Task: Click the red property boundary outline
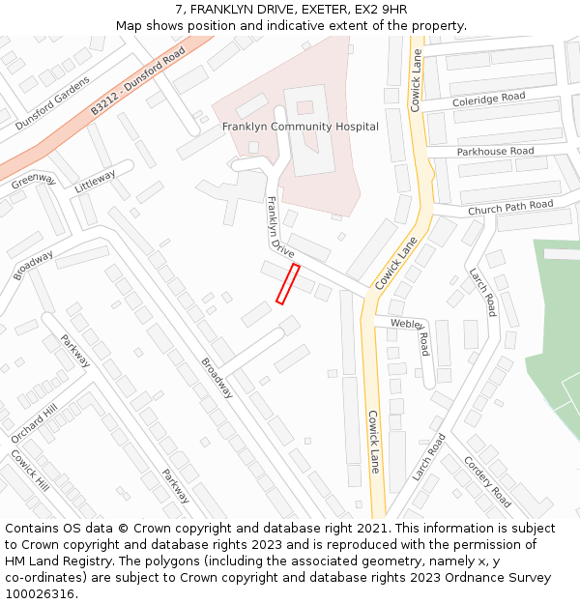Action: [x=288, y=284]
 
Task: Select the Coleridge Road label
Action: [x=488, y=99]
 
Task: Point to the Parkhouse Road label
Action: [x=495, y=152]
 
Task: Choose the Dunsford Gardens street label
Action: [x=55, y=101]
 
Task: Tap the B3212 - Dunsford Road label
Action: [x=137, y=85]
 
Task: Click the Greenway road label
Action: [x=35, y=181]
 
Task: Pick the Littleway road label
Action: [x=95, y=181]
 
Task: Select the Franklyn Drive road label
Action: [x=280, y=228]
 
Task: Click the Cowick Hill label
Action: [x=30, y=470]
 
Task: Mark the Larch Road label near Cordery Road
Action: [x=428, y=456]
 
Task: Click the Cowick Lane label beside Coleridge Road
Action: [x=418, y=80]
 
